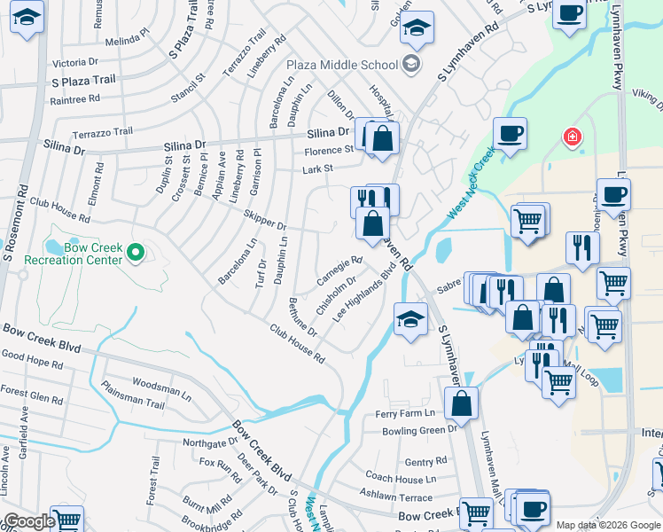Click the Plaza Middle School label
341,64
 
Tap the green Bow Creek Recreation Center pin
135,254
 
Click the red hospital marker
573,137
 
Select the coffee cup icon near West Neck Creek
510,135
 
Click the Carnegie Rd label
340,270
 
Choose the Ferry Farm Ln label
404,413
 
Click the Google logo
29,521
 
